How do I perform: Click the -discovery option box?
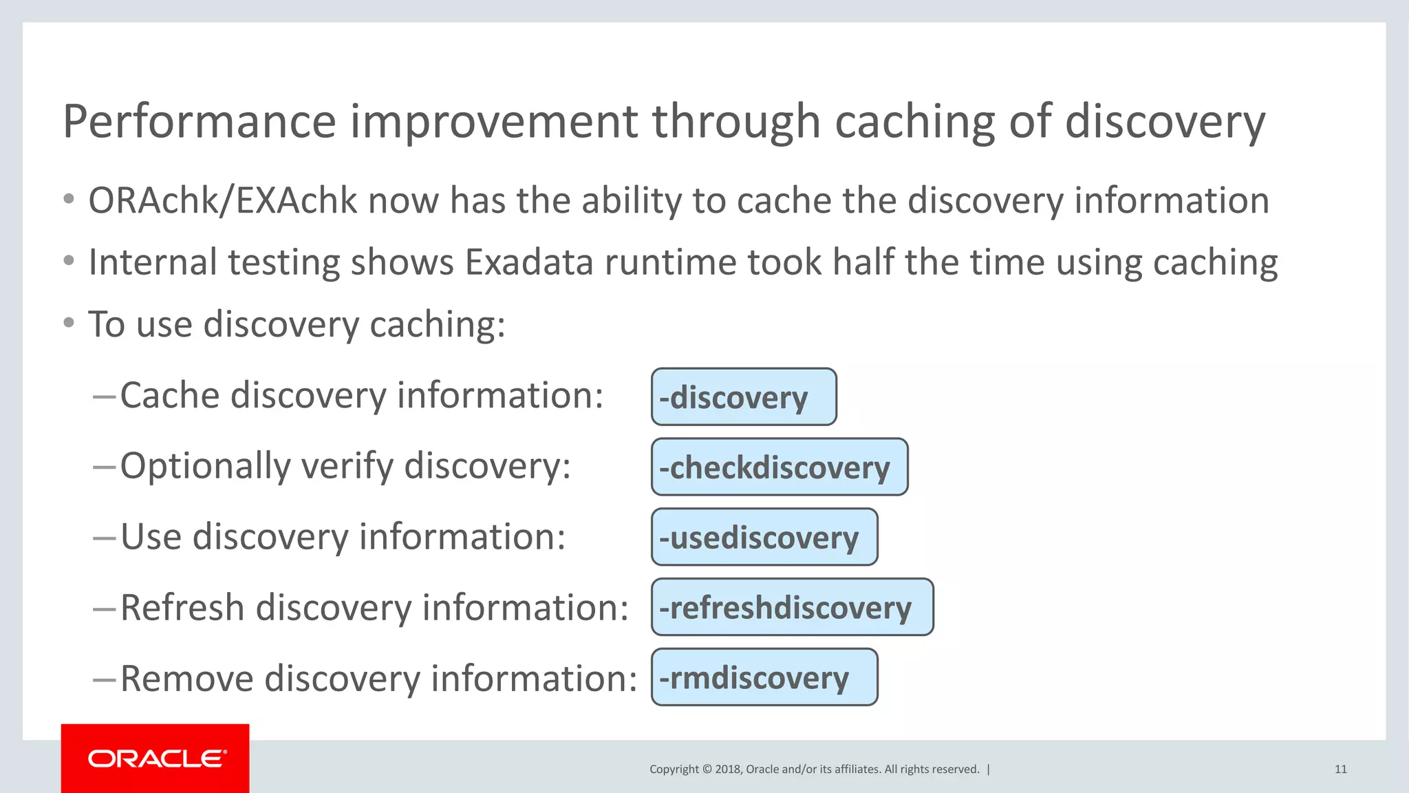744,397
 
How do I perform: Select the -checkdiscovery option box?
779,467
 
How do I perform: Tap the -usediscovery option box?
764,538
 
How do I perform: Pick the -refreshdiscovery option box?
792,607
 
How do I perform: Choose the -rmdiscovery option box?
764,677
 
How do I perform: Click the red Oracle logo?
155,758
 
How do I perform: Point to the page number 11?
1340,770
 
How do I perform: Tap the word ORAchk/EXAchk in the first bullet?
222,201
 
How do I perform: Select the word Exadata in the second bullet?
528,263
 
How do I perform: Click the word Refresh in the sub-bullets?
182,609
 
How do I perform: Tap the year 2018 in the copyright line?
727,770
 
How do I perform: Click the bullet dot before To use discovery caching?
68,323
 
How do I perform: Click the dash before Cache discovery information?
104,397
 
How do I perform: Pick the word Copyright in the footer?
674,770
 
